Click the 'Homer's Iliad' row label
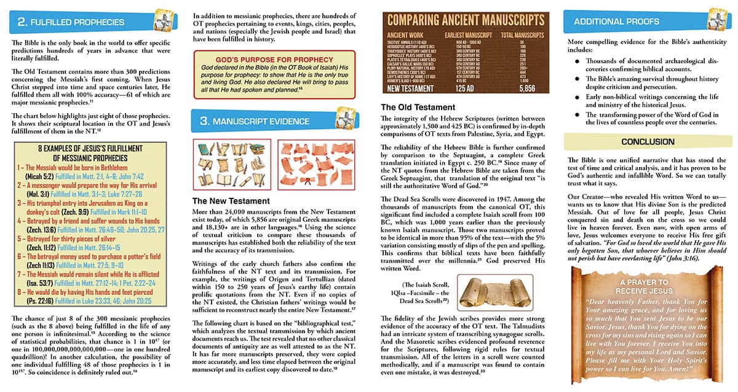(405, 80)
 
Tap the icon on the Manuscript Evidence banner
(333, 119)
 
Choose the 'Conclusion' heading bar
(648, 142)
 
